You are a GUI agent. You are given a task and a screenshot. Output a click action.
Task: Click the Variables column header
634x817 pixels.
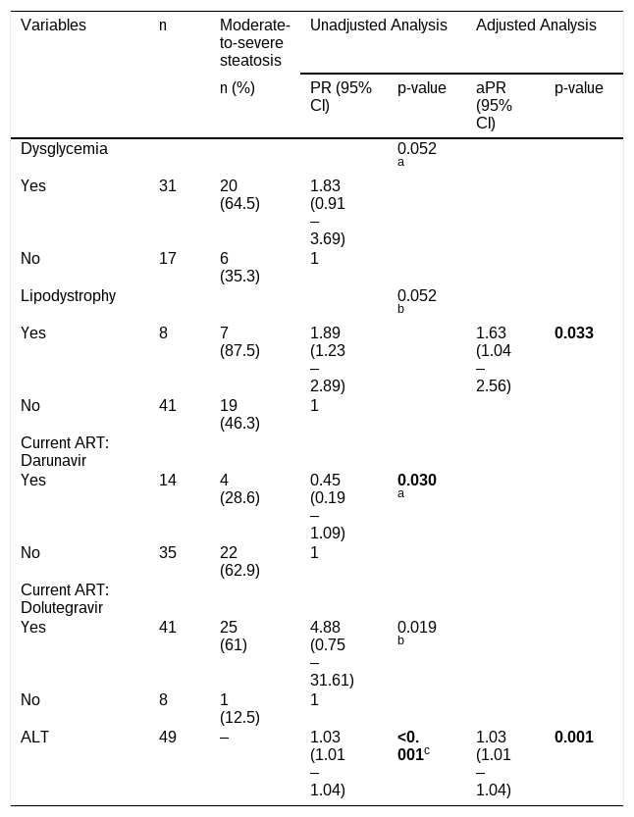pos(53,26)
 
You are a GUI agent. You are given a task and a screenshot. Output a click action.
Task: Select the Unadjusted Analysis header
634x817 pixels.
pos(379,26)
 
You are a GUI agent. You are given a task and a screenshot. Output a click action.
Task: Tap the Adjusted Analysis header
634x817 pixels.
pos(536,26)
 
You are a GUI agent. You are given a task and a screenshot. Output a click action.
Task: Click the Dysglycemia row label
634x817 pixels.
pos(64,148)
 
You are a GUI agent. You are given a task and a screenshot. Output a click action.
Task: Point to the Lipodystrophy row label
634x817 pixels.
pos(69,295)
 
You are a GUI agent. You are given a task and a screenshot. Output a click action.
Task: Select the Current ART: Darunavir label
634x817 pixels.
pos(65,451)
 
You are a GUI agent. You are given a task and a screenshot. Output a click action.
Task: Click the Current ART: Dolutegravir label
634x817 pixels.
pos(65,598)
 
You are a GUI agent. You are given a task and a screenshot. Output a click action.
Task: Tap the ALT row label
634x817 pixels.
pos(34,737)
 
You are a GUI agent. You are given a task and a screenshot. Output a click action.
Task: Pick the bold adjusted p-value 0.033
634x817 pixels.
pos(574,332)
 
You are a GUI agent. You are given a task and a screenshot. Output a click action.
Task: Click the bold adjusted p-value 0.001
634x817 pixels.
pos(574,737)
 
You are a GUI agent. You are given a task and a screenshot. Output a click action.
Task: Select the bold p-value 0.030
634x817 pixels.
pos(417,480)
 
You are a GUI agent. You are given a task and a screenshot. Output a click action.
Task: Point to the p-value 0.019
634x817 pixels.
pos(417,627)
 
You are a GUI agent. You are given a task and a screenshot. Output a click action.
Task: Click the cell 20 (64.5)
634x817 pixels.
pos(239,194)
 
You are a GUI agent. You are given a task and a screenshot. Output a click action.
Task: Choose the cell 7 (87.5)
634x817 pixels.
pos(239,341)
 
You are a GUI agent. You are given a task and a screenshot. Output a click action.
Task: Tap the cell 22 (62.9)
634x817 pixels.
pos(239,561)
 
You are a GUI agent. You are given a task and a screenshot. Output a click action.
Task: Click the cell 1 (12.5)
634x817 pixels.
pos(239,708)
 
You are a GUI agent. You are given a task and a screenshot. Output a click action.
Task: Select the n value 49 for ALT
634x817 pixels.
pos(168,737)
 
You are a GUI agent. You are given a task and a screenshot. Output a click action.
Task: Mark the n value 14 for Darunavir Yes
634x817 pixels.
pos(168,480)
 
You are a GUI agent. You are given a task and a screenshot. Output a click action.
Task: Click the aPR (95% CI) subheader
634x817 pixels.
pos(494,105)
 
